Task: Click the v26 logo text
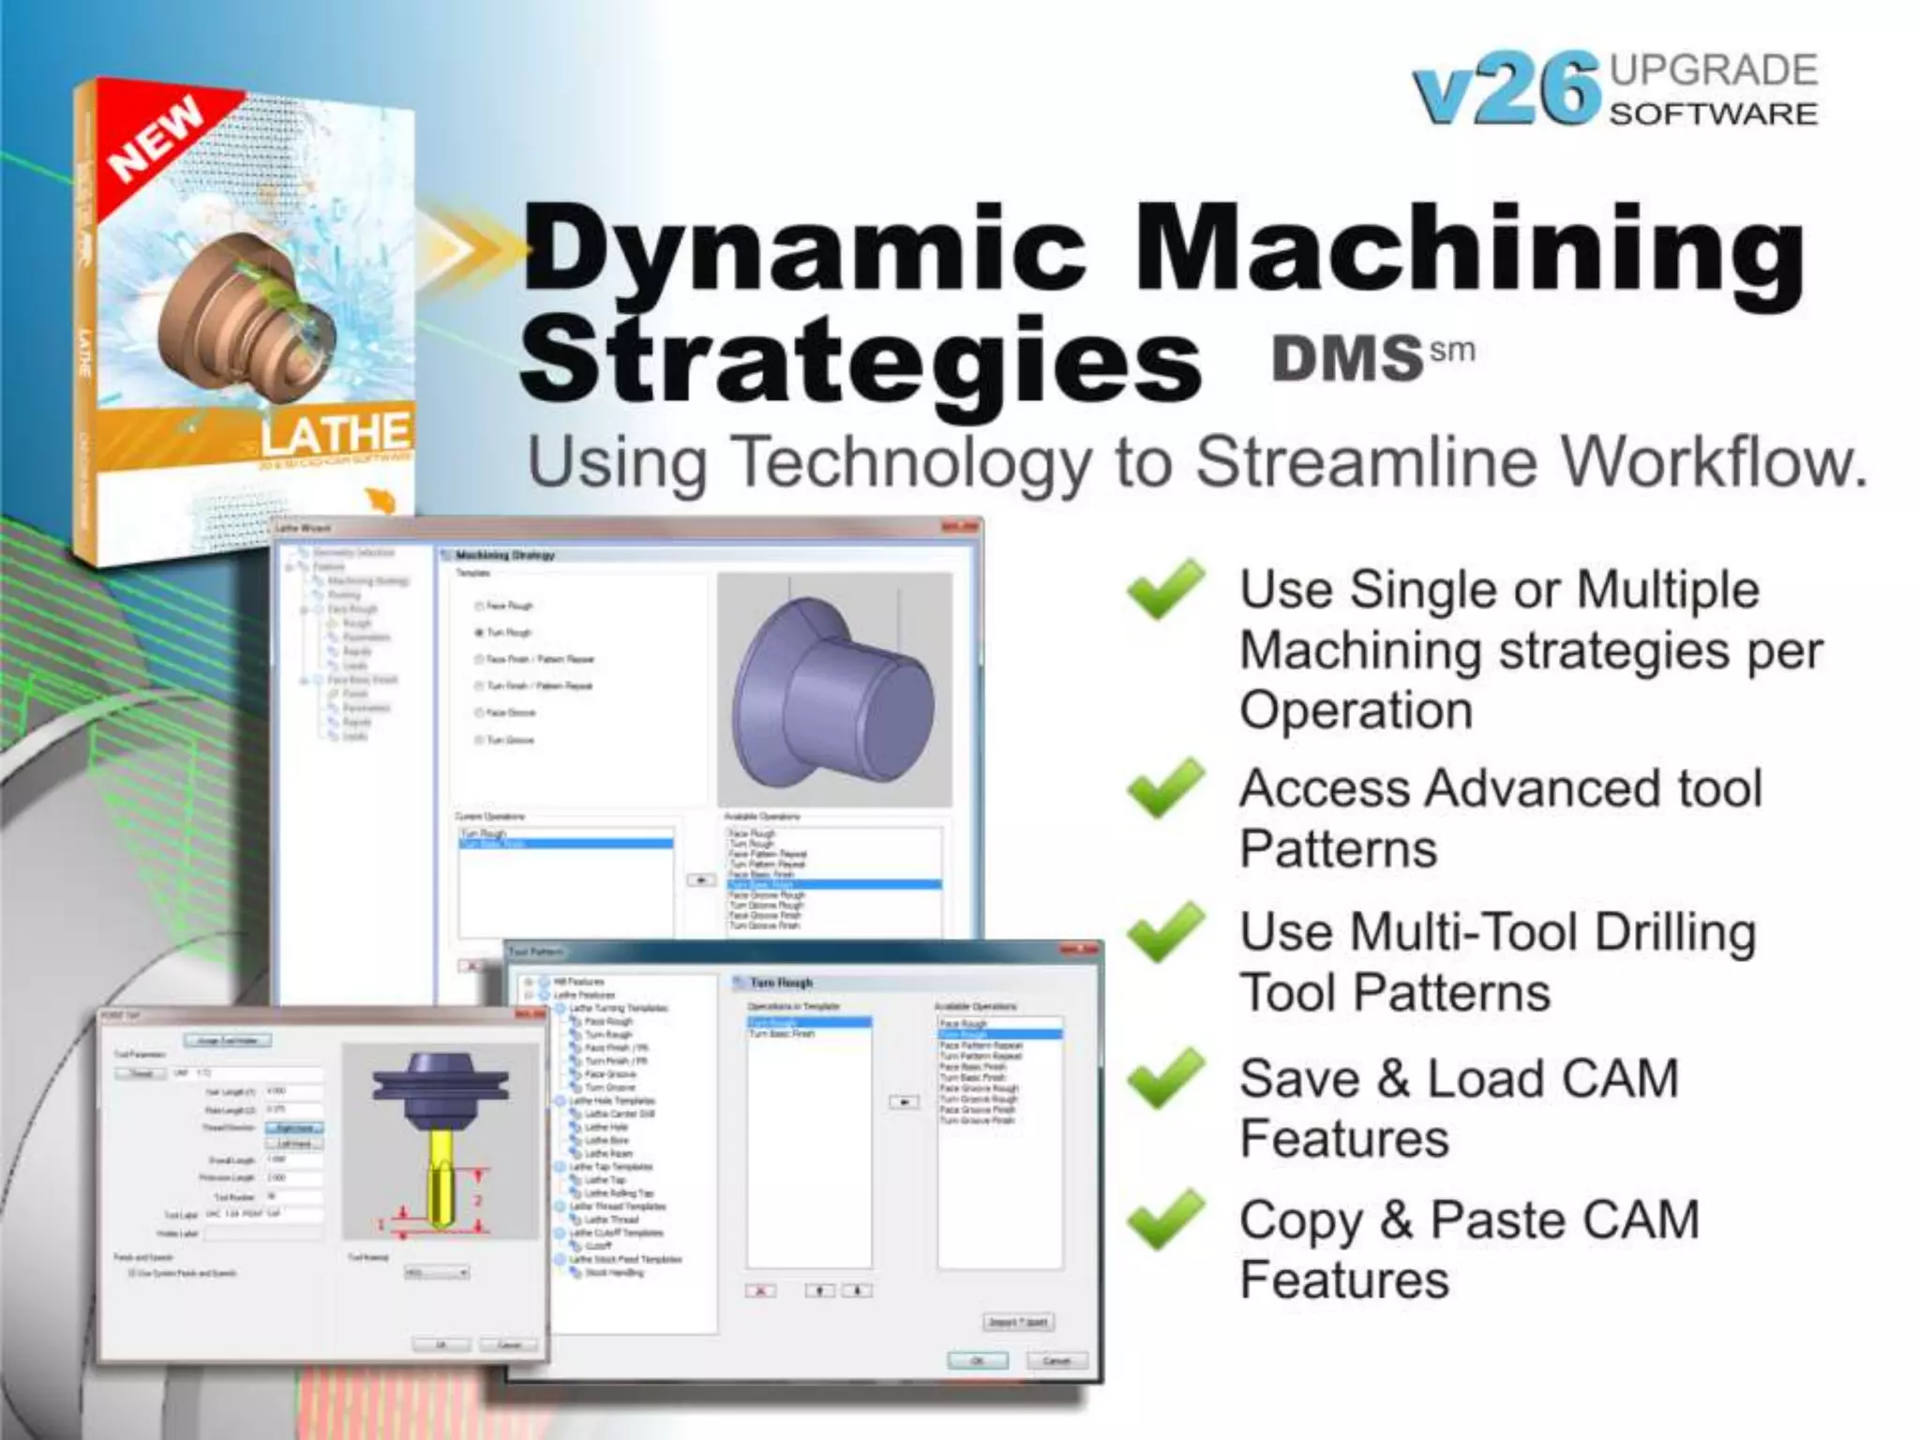[1505, 90]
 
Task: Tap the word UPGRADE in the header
[1714, 70]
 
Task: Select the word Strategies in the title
[860, 360]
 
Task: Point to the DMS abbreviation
[1348, 358]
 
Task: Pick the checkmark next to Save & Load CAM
[1165, 1077]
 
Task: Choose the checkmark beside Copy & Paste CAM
[1165, 1219]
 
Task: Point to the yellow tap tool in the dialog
[440, 1181]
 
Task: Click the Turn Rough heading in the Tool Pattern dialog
[781, 982]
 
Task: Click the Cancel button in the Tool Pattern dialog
[1057, 1360]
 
